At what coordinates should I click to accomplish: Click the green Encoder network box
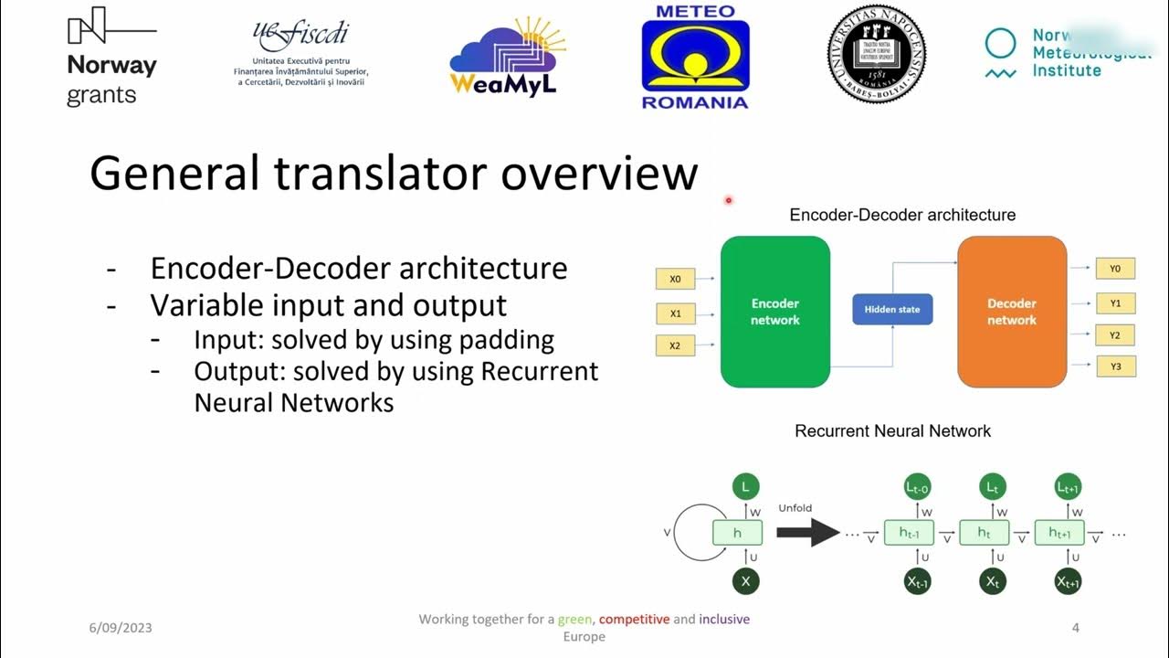774,311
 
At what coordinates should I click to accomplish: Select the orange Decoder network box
1011,311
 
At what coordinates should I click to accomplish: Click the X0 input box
676,279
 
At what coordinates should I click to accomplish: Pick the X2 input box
676,346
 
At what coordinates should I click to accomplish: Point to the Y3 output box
1114,367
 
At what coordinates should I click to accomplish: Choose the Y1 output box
1114,302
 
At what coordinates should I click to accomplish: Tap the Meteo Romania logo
695,57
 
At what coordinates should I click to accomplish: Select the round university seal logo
876,53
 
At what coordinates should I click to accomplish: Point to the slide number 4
1075,628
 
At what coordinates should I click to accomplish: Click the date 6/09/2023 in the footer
121,628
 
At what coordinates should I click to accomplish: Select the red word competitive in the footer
634,620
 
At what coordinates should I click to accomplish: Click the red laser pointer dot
729,200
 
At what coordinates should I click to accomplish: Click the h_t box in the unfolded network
984,533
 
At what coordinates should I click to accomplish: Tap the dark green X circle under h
745,581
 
